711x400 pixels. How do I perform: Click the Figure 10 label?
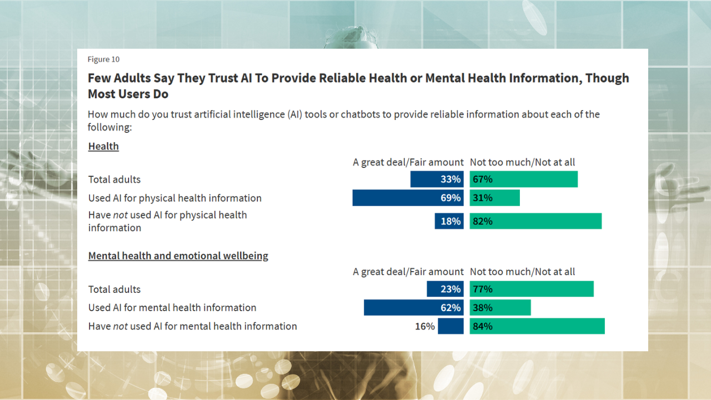(x=103, y=59)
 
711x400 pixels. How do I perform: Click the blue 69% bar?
(x=408, y=198)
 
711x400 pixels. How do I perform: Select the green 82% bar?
(x=535, y=221)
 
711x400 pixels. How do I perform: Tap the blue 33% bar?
(x=437, y=179)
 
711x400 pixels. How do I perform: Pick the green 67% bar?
(x=523, y=179)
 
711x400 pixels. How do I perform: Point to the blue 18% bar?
(x=449, y=221)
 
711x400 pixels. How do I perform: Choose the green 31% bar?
(x=494, y=198)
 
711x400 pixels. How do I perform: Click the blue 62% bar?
(x=413, y=308)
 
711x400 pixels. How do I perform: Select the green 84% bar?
(x=537, y=326)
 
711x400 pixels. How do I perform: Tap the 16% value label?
(x=424, y=327)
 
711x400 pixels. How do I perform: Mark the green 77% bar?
(x=531, y=289)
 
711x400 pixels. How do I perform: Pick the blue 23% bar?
(x=445, y=289)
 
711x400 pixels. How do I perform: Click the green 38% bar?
(x=500, y=308)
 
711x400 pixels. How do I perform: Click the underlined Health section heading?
(x=103, y=147)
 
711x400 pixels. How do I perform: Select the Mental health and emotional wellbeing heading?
(x=178, y=256)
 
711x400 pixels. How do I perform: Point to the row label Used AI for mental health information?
(x=172, y=308)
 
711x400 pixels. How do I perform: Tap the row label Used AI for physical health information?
(x=174, y=198)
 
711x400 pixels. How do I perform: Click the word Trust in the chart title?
(x=222, y=78)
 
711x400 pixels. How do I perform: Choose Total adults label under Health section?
(x=114, y=179)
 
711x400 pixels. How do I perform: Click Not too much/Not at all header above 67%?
(x=522, y=162)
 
